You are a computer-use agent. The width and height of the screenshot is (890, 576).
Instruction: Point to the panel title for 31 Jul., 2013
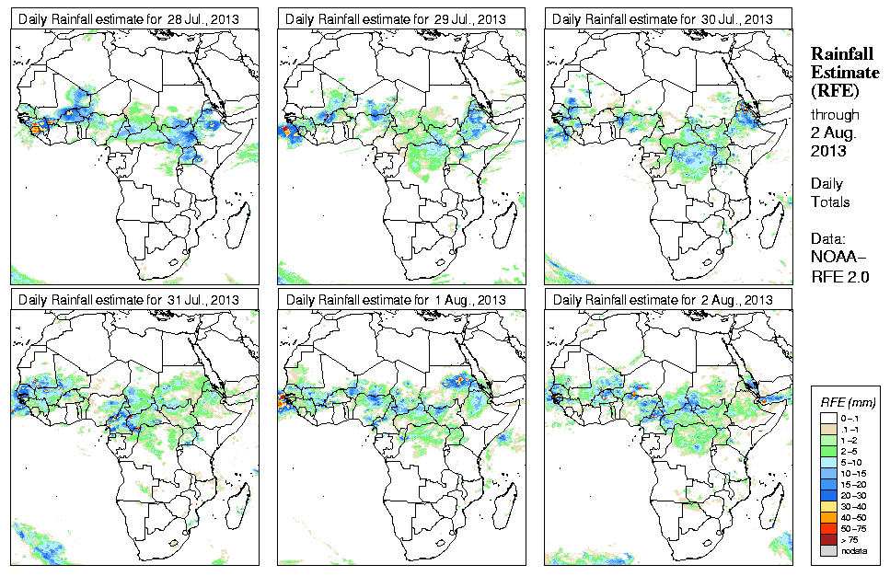coord(130,300)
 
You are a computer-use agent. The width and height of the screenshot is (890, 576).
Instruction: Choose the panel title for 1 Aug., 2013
coord(397,300)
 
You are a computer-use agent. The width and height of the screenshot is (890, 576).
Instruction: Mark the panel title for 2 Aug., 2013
coord(664,300)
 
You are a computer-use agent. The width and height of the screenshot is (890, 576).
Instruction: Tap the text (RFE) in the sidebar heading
coord(834,90)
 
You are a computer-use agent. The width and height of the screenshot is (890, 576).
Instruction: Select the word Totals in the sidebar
coord(830,202)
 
